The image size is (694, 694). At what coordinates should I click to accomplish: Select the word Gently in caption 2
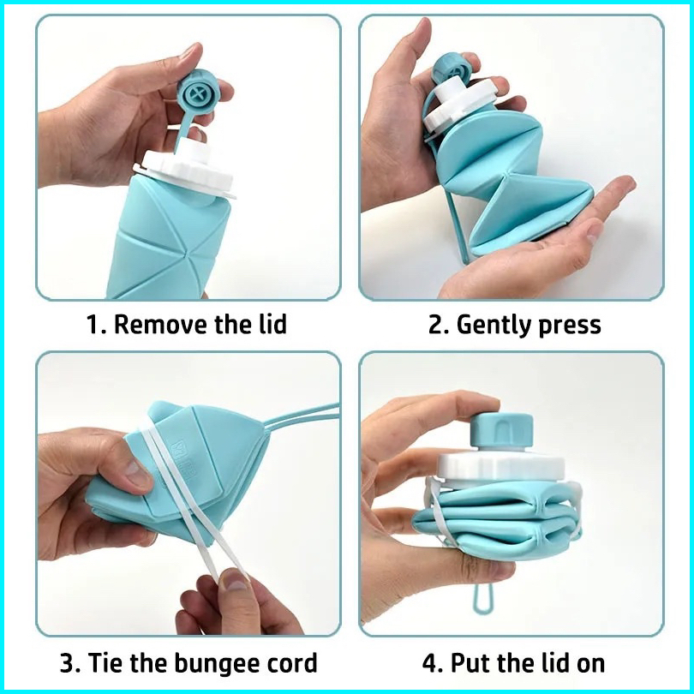tap(492, 326)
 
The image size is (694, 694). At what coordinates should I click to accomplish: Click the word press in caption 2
tap(569, 326)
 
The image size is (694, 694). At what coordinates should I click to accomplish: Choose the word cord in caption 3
tap(291, 662)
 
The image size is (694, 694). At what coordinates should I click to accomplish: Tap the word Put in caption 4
tap(469, 664)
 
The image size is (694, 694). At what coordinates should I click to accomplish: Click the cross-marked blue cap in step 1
tap(197, 94)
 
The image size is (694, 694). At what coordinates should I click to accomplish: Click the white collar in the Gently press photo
tap(459, 105)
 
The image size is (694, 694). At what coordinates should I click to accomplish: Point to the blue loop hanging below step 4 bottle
tap(483, 599)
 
